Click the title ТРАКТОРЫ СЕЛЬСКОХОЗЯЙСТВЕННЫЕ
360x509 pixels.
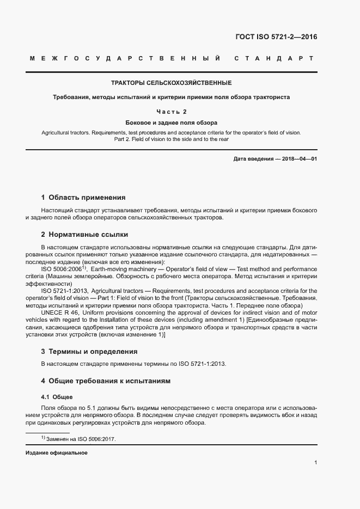[172, 83]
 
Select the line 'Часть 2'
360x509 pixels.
[172, 112]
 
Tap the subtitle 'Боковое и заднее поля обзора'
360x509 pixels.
[172, 122]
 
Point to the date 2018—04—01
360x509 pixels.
[297, 158]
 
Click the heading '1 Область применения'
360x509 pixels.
[83, 198]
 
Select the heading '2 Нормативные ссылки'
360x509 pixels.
[84, 235]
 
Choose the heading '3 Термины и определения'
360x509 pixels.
[89, 352]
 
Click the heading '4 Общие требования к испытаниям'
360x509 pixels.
[106, 381]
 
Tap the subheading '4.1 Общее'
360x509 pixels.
[57, 397]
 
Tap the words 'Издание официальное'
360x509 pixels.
[56, 453]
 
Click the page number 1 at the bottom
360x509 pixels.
[316, 463]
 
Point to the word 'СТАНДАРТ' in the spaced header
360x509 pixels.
[274, 58]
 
